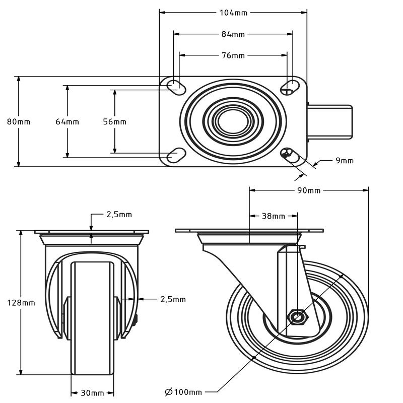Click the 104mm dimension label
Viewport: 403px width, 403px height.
[233, 13]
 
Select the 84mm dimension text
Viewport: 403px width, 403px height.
[233, 34]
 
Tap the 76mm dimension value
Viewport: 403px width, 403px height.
[233, 55]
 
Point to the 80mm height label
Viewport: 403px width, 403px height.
[19, 121]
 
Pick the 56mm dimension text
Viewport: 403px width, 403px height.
[114, 121]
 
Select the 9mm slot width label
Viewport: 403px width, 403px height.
[345, 161]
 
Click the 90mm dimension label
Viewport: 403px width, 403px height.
[309, 190]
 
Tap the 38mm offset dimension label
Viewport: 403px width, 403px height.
[274, 216]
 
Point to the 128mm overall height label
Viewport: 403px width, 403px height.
[21, 302]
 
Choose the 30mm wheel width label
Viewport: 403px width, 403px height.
[92, 393]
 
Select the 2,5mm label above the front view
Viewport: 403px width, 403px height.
[119, 214]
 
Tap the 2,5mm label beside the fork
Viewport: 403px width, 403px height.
[173, 299]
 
